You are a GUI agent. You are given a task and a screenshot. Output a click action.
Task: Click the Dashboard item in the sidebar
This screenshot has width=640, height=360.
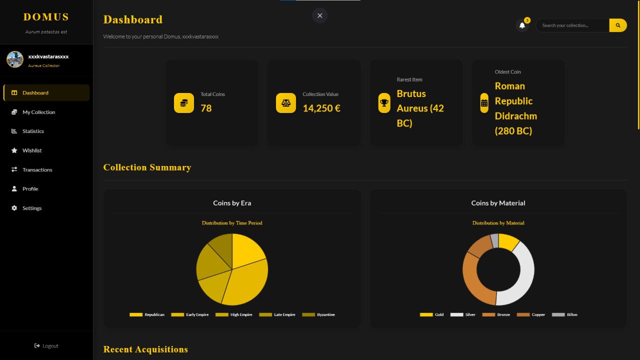point(35,93)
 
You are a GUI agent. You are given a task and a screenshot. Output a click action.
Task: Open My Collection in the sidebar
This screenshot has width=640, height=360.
point(38,112)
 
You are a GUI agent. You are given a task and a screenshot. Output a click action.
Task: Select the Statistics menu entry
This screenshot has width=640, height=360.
point(33,131)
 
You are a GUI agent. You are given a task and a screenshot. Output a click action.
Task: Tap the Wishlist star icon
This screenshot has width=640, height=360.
point(14,150)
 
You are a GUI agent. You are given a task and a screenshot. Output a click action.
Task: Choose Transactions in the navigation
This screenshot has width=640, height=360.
point(37,169)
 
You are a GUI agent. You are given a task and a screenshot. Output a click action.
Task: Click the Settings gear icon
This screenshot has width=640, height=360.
point(14,208)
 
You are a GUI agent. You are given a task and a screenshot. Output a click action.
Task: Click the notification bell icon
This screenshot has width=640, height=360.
point(522,25)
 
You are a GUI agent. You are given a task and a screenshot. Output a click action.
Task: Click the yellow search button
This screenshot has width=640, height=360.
point(618,25)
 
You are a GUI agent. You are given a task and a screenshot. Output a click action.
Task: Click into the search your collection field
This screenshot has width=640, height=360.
point(572,25)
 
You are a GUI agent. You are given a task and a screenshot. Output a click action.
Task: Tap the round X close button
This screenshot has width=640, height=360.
point(319,15)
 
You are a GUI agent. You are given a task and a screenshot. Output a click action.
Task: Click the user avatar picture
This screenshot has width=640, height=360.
point(15,59)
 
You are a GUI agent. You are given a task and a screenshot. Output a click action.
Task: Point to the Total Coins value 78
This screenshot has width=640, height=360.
point(206,108)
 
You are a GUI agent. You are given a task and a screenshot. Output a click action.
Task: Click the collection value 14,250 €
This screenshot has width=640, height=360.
point(321,108)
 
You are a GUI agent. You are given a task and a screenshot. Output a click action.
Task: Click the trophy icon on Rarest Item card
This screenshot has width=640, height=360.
point(384,103)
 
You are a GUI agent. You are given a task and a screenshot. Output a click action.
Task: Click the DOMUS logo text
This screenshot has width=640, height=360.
point(46,17)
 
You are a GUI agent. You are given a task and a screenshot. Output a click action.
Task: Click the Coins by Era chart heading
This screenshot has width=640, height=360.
point(232,203)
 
